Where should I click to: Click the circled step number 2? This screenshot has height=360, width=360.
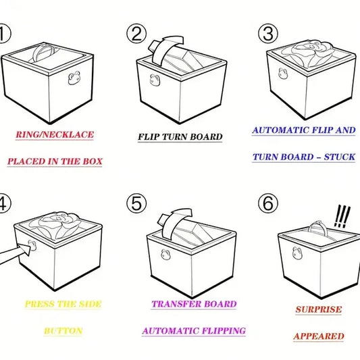click(x=137, y=33)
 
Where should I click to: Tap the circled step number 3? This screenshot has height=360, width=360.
click(x=268, y=33)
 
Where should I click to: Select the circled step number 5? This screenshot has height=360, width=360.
click(x=138, y=203)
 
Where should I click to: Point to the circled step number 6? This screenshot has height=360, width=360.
click(x=268, y=203)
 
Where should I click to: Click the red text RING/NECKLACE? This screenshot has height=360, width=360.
click(x=55, y=134)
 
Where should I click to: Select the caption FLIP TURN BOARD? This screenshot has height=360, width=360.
click(x=180, y=137)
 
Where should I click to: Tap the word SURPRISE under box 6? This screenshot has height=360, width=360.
click(x=319, y=310)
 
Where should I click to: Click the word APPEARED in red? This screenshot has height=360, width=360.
click(x=319, y=336)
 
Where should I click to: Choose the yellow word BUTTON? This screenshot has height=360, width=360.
click(x=63, y=331)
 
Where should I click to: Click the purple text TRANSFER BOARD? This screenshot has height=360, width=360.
click(x=194, y=304)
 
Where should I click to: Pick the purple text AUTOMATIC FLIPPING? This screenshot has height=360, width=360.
click(x=194, y=331)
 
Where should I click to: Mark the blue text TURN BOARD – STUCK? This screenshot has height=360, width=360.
click(x=303, y=157)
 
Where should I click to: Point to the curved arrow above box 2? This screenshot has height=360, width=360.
click(x=164, y=48)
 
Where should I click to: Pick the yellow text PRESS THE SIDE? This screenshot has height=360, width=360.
click(x=63, y=304)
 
